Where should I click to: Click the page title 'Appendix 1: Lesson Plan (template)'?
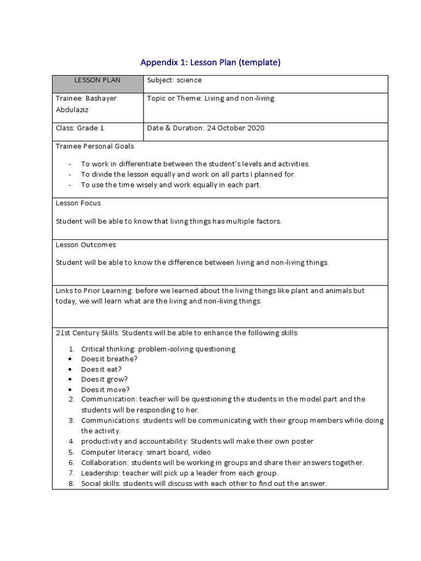point(210,62)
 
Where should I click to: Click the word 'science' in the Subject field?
point(189,81)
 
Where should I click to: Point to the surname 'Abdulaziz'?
point(72,110)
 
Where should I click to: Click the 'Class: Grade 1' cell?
point(80,128)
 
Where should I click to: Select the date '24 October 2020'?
point(235,128)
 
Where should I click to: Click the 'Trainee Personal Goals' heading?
point(95,146)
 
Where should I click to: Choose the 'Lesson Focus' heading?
point(78,203)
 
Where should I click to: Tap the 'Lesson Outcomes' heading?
point(86,245)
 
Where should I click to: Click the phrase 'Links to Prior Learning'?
point(94,291)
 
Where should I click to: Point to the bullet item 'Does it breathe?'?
point(109,359)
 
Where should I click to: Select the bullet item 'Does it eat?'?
point(101,369)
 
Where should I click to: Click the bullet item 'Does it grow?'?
point(104,379)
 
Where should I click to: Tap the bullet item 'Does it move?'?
point(105,390)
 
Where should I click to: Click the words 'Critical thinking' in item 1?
point(107,349)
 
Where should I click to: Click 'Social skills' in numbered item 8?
point(100,483)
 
